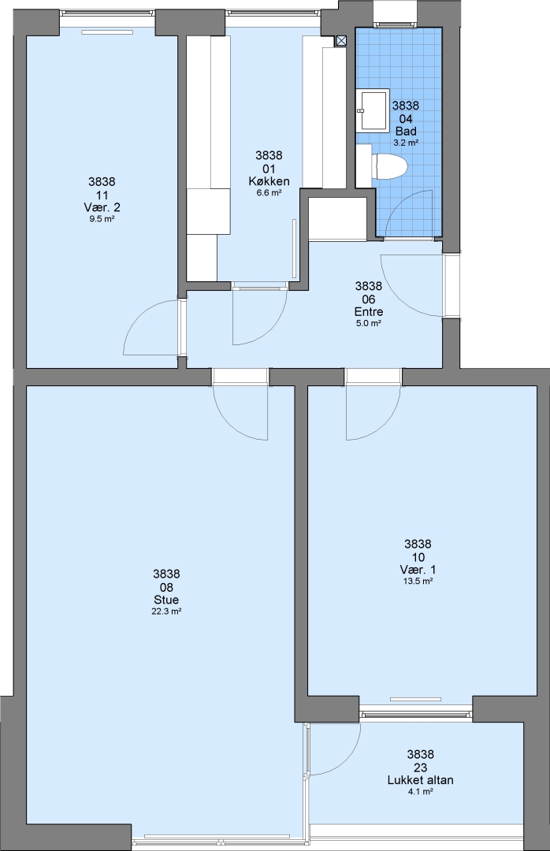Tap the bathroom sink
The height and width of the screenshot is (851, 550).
tap(373, 110)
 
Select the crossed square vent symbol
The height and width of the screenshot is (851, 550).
tap(341, 41)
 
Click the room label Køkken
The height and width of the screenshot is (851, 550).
tap(269, 181)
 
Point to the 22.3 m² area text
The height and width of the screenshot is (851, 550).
tap(166, 611)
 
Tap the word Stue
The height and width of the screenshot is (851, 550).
tap(166, 600)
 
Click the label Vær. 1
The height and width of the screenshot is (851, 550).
tap(418, 570)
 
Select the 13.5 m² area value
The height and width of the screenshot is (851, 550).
tap(418, 581)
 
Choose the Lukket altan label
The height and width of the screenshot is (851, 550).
tap(420, 780)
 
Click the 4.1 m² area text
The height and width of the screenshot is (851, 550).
tap(420, 792)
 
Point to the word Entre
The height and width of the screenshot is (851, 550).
tap(369, 311)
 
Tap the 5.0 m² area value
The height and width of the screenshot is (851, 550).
tap(369, 323)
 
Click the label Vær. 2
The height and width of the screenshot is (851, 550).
tap(102, 207)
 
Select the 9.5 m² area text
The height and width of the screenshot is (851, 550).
tap(102, 219)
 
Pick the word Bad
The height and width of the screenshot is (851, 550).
tap(406, 132)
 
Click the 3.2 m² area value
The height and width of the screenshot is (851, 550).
tap(406, 143)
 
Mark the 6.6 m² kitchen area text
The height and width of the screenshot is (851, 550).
tap(269, 193)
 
